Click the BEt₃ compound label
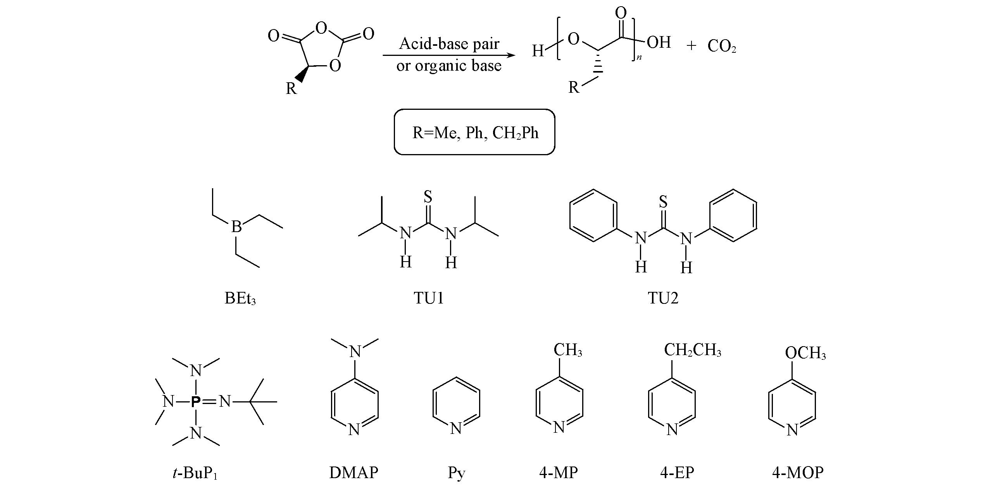tap(240, 298)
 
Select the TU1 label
tap(428, 298)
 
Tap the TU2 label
tap(663, 298)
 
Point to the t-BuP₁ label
tap(195, 473)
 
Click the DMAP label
tap(354, 473)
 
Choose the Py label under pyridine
tap(456, 473)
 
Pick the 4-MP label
tap(558, 473)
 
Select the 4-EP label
tap(677, 473)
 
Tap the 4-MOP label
tap(798, 473)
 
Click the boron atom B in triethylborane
tap(236, 226)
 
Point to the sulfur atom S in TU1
tap(428, 196)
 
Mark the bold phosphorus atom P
tap(196, 402)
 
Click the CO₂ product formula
tap(721, 47)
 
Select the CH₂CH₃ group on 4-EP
tap(692, 350)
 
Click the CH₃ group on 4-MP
tap(567, 350)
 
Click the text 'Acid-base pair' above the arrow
tap(449, 43)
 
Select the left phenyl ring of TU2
tap(593, 215)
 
